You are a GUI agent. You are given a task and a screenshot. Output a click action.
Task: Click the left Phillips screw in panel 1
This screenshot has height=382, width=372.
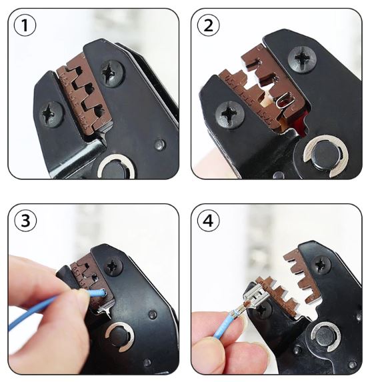[51, 114]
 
